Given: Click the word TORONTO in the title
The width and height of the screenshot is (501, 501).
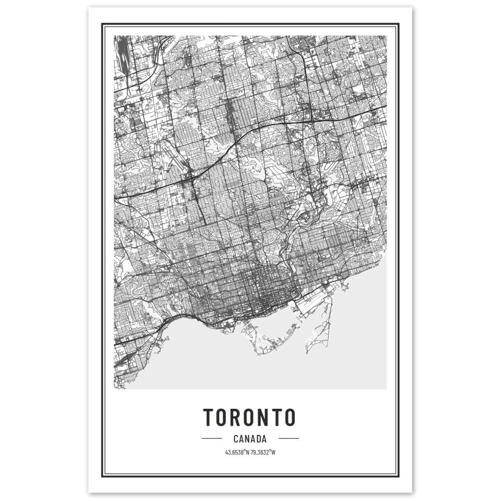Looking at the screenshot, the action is (249, 417).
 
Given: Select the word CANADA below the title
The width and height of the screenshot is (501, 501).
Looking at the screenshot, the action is (250, 439).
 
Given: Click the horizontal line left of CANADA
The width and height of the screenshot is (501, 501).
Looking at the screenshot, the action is (211, 439).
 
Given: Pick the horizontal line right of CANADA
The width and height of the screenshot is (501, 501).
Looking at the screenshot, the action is (289, 439).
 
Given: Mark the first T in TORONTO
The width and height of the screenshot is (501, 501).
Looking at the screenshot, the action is (208, 417).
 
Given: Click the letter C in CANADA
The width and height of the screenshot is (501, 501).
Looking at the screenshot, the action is (236, 439).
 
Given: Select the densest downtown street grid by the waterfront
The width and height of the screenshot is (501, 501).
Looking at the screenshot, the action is (266, 291).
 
